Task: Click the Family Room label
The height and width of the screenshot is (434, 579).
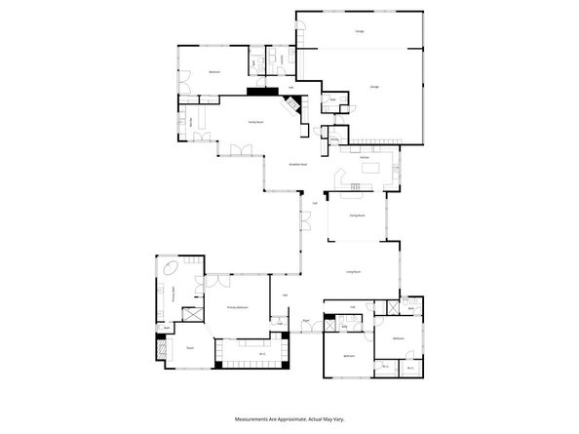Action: (x=257, y=122)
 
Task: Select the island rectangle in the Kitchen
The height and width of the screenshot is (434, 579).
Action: (x=371, y=170)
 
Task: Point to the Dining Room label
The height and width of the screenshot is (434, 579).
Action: (x=357, y=216)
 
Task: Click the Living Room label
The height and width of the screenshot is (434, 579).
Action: (x=354, y=272)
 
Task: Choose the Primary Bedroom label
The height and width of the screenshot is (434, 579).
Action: (x=240, y=307)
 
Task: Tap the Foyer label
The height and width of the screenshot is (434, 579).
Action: (x=306, y=319)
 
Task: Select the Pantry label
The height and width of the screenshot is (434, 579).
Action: (x=334, y=139)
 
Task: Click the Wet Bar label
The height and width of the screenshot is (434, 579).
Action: (x=191, y=121)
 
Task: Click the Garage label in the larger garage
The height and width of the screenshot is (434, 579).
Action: (x=374, y=87)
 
